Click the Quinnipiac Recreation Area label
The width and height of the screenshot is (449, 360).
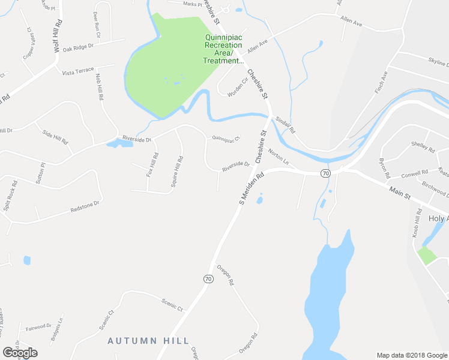[x=223, y=49]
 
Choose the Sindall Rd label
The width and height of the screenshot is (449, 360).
[x=286, y=124]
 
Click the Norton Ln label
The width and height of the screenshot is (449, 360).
[x=279, y=157]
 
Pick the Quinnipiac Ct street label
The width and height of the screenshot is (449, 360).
[x=226, y=139]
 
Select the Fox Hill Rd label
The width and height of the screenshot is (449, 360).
[x=152, y=164]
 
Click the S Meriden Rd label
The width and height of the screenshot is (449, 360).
[x=252, y=189]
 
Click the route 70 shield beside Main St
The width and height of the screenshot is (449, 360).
[x=325, y=173]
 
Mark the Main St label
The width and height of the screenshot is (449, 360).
[x=399, y=192]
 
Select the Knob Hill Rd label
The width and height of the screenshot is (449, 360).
[x=415, y=225]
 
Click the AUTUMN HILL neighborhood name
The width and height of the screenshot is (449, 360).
[x=148, y=340]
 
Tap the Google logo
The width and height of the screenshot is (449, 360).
[x=20, y=353]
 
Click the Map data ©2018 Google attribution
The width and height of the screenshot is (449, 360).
[x=411, y=355]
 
